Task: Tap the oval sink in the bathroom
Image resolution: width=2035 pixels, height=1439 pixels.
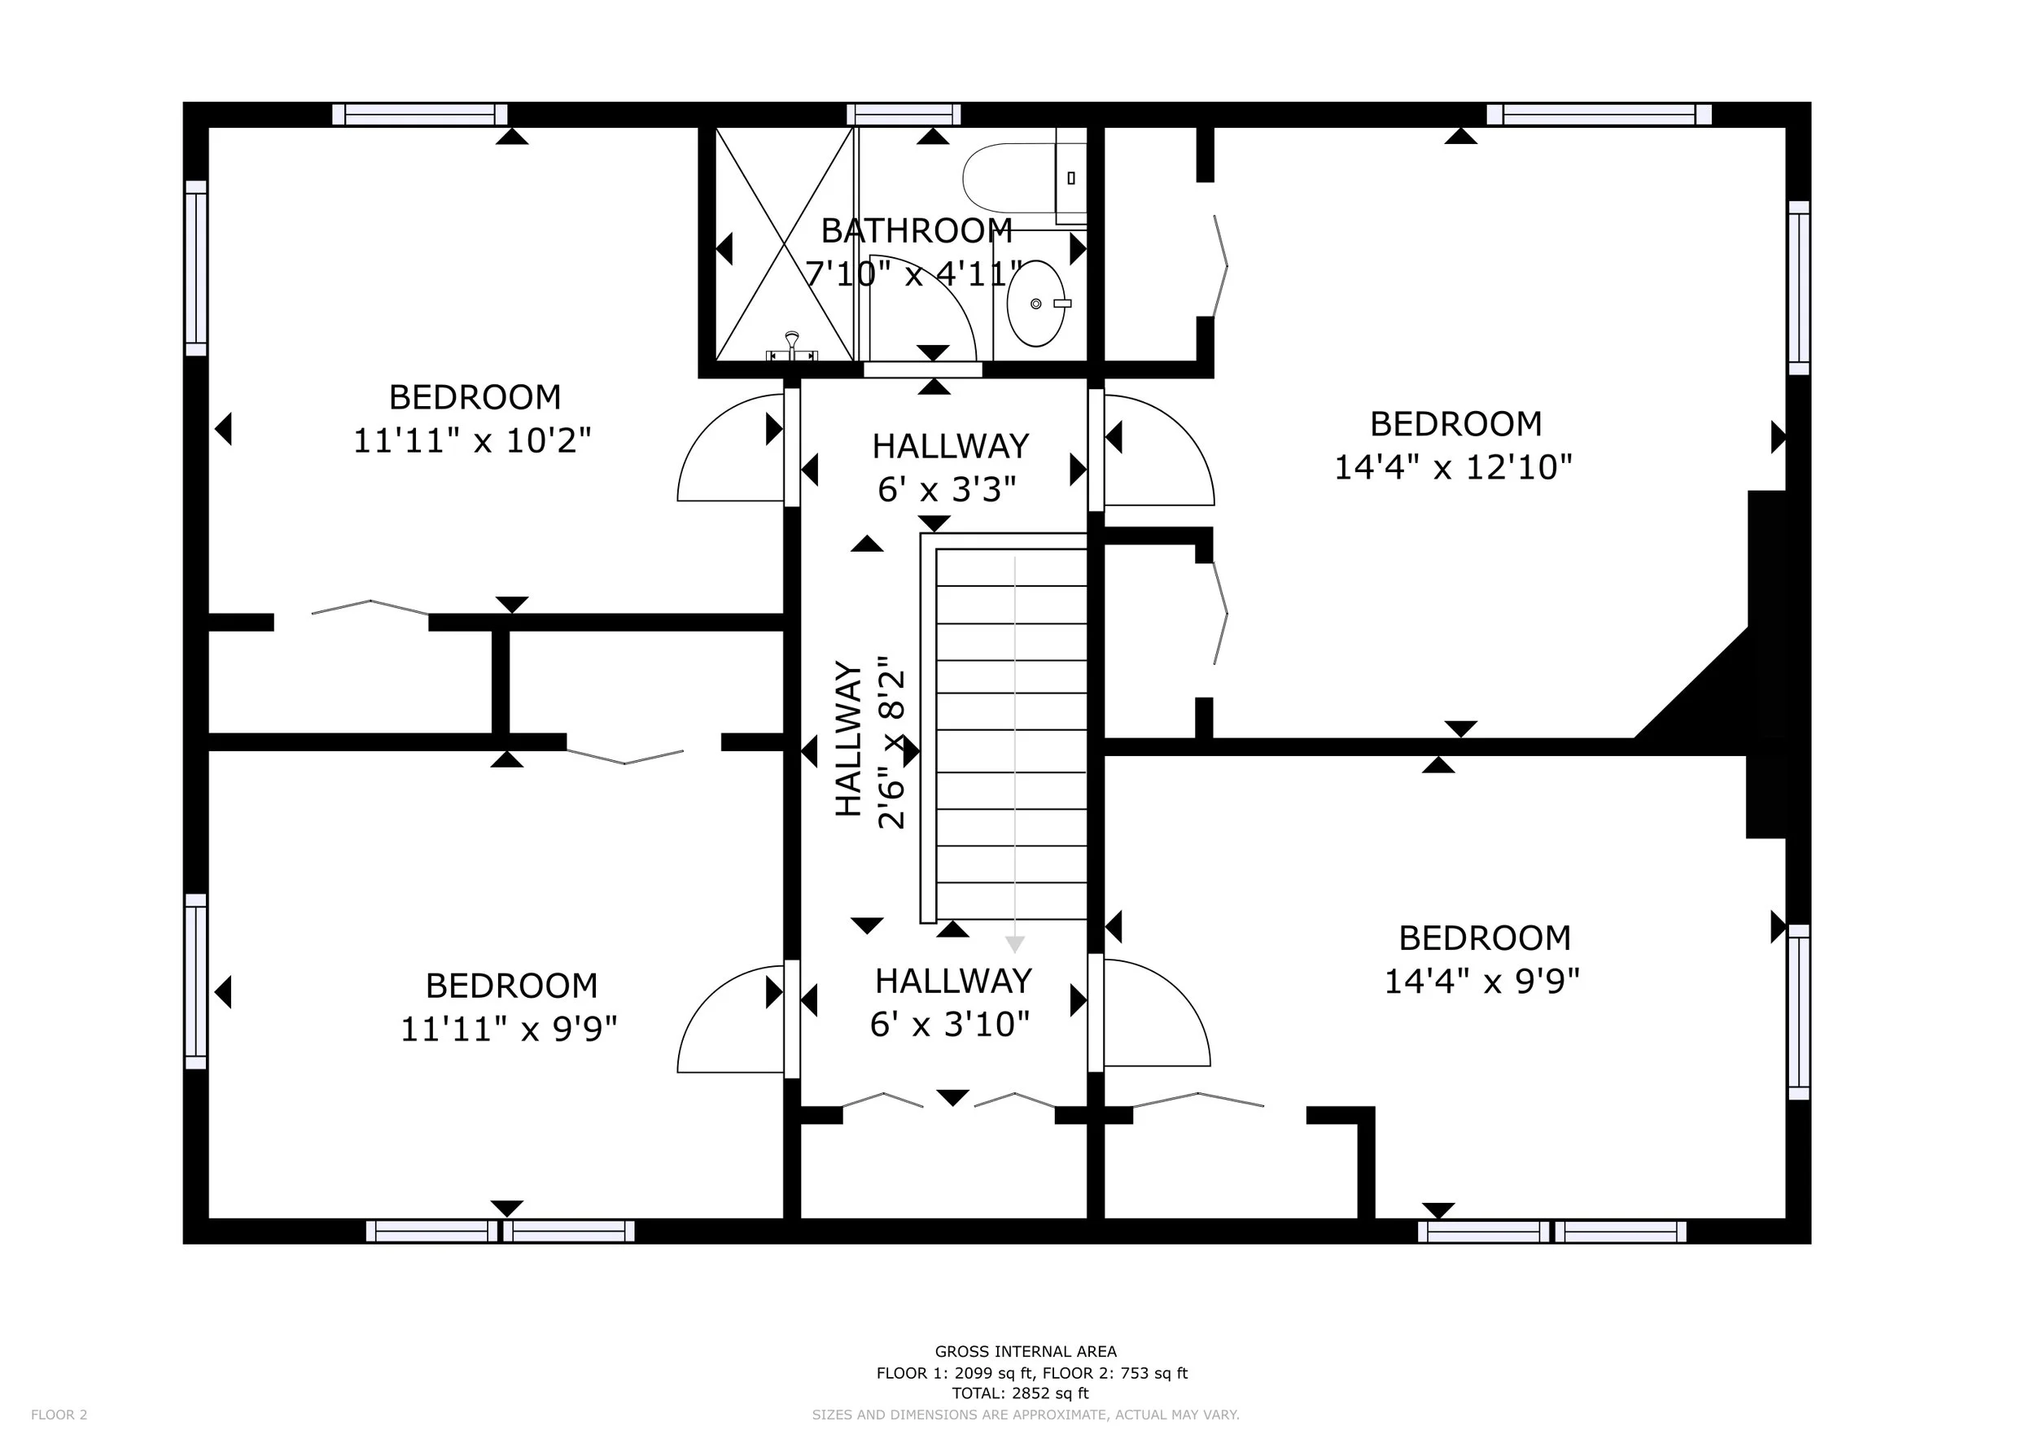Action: pyautogui.click(x=1036, y=303)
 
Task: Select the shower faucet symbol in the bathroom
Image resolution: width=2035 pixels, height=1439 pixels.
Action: pyautogui.click(x=791, y=347)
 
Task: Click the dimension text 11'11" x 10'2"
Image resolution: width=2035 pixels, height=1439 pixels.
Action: pyautogui.click(x=472, y=440)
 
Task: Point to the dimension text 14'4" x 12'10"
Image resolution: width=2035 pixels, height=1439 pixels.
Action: pyautogui.click(x=1454, y=467)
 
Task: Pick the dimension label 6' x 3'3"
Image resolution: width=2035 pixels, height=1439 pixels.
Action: pyautogui.click(x=947, y=489)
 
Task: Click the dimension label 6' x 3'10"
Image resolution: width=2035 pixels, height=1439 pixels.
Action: pyautogui.click(x=950, y=1025)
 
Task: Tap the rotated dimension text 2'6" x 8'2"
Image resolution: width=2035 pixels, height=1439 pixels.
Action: pyautogui.click(x=891, y=741)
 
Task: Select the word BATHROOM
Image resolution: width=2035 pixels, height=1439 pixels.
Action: pyautogui.click(x=917, y=230)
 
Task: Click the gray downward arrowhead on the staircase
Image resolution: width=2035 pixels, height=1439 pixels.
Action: pyautogui.click(x=1015, y=945)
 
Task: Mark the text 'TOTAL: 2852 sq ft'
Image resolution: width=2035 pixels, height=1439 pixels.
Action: pyautogui.click(x=1020, y=1393)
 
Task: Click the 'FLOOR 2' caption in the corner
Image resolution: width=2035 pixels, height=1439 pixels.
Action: pyautogui.click(x=59, y=1415)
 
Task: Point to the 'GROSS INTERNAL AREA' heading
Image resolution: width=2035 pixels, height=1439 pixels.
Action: pyautogui.click(x=1026, y=1351)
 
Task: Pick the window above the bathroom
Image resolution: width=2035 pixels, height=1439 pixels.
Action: pyautogui.click(x=904, y=114)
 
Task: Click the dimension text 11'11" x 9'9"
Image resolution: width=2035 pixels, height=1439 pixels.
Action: pyautogui.click(x=509, y=1030)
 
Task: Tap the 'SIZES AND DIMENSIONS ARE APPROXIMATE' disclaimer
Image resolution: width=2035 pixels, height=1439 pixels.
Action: pyautogui.click(x=1026, y=1415)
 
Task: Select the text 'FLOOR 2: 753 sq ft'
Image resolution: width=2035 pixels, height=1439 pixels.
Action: pyautogui.click(x=1115, y=1373)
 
